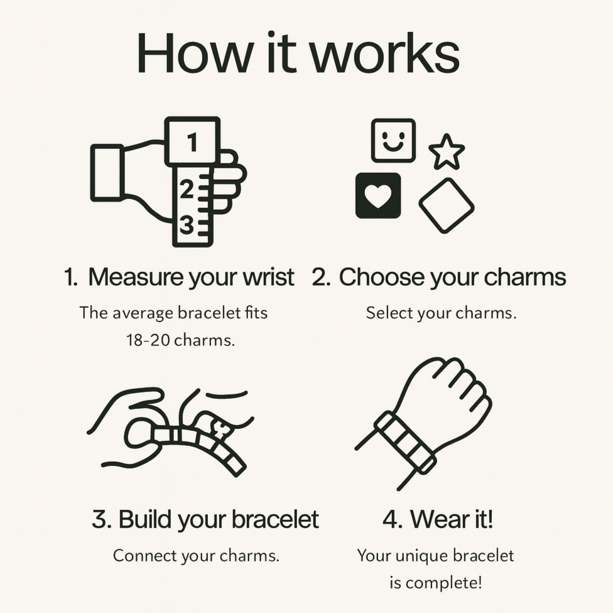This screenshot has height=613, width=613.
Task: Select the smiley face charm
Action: coord(393,140)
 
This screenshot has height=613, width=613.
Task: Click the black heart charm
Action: coord(378,195)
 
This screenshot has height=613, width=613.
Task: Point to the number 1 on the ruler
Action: coord(192,142)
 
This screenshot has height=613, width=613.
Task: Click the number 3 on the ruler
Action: coord(187,225)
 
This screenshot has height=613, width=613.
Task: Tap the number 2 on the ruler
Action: coord(187,189)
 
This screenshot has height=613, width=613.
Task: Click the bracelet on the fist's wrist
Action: coord(405,443)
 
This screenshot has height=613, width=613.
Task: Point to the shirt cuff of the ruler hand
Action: coord(107,173)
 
